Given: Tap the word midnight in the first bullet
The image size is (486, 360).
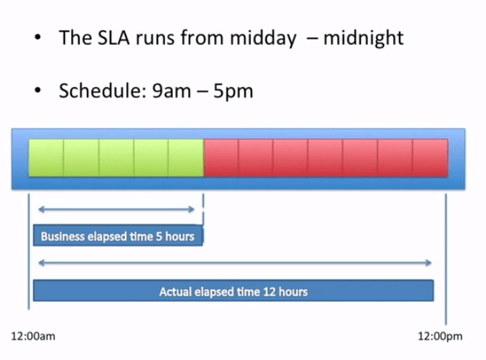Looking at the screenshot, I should [x=363, y=38].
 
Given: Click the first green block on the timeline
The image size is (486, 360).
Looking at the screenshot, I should [x=46, y=158].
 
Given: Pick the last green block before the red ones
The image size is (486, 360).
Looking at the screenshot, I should [x=186, y=158].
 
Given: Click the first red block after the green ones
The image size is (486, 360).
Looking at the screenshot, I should [x=221, y=158].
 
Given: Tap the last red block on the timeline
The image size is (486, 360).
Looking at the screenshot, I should [x=430, y=158].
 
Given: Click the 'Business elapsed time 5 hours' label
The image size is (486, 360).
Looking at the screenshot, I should [x=118, y=236].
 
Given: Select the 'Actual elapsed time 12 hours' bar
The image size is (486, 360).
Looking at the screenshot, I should [x=233, y=291].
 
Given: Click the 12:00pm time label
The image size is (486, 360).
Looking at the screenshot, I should [x=440, y=334].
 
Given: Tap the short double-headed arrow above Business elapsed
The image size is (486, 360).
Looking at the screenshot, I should [x=116, y=209].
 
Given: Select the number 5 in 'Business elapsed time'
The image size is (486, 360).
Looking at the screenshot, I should [x=158, y=236].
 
